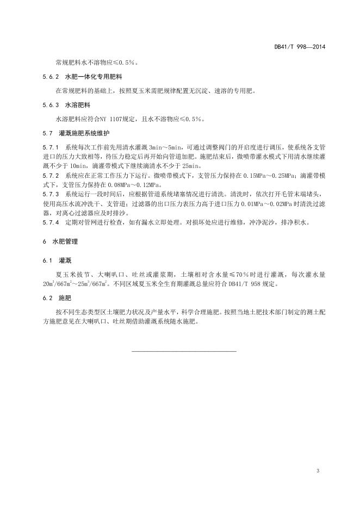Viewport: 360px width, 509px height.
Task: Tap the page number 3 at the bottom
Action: pyautogui.click(x=316, y=470)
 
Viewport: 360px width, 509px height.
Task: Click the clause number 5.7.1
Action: pyautogui.click(x=51, y=147)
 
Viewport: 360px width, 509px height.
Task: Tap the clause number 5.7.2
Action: pyautogui.click(x=51, y=176)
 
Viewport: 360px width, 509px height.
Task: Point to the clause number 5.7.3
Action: pyautogui.click(x=51, y=194)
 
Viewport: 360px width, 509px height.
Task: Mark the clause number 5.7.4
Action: pyautogui.click(x=51, y=222)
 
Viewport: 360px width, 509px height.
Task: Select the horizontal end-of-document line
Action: pyautogui.click(x=184, y=351)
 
